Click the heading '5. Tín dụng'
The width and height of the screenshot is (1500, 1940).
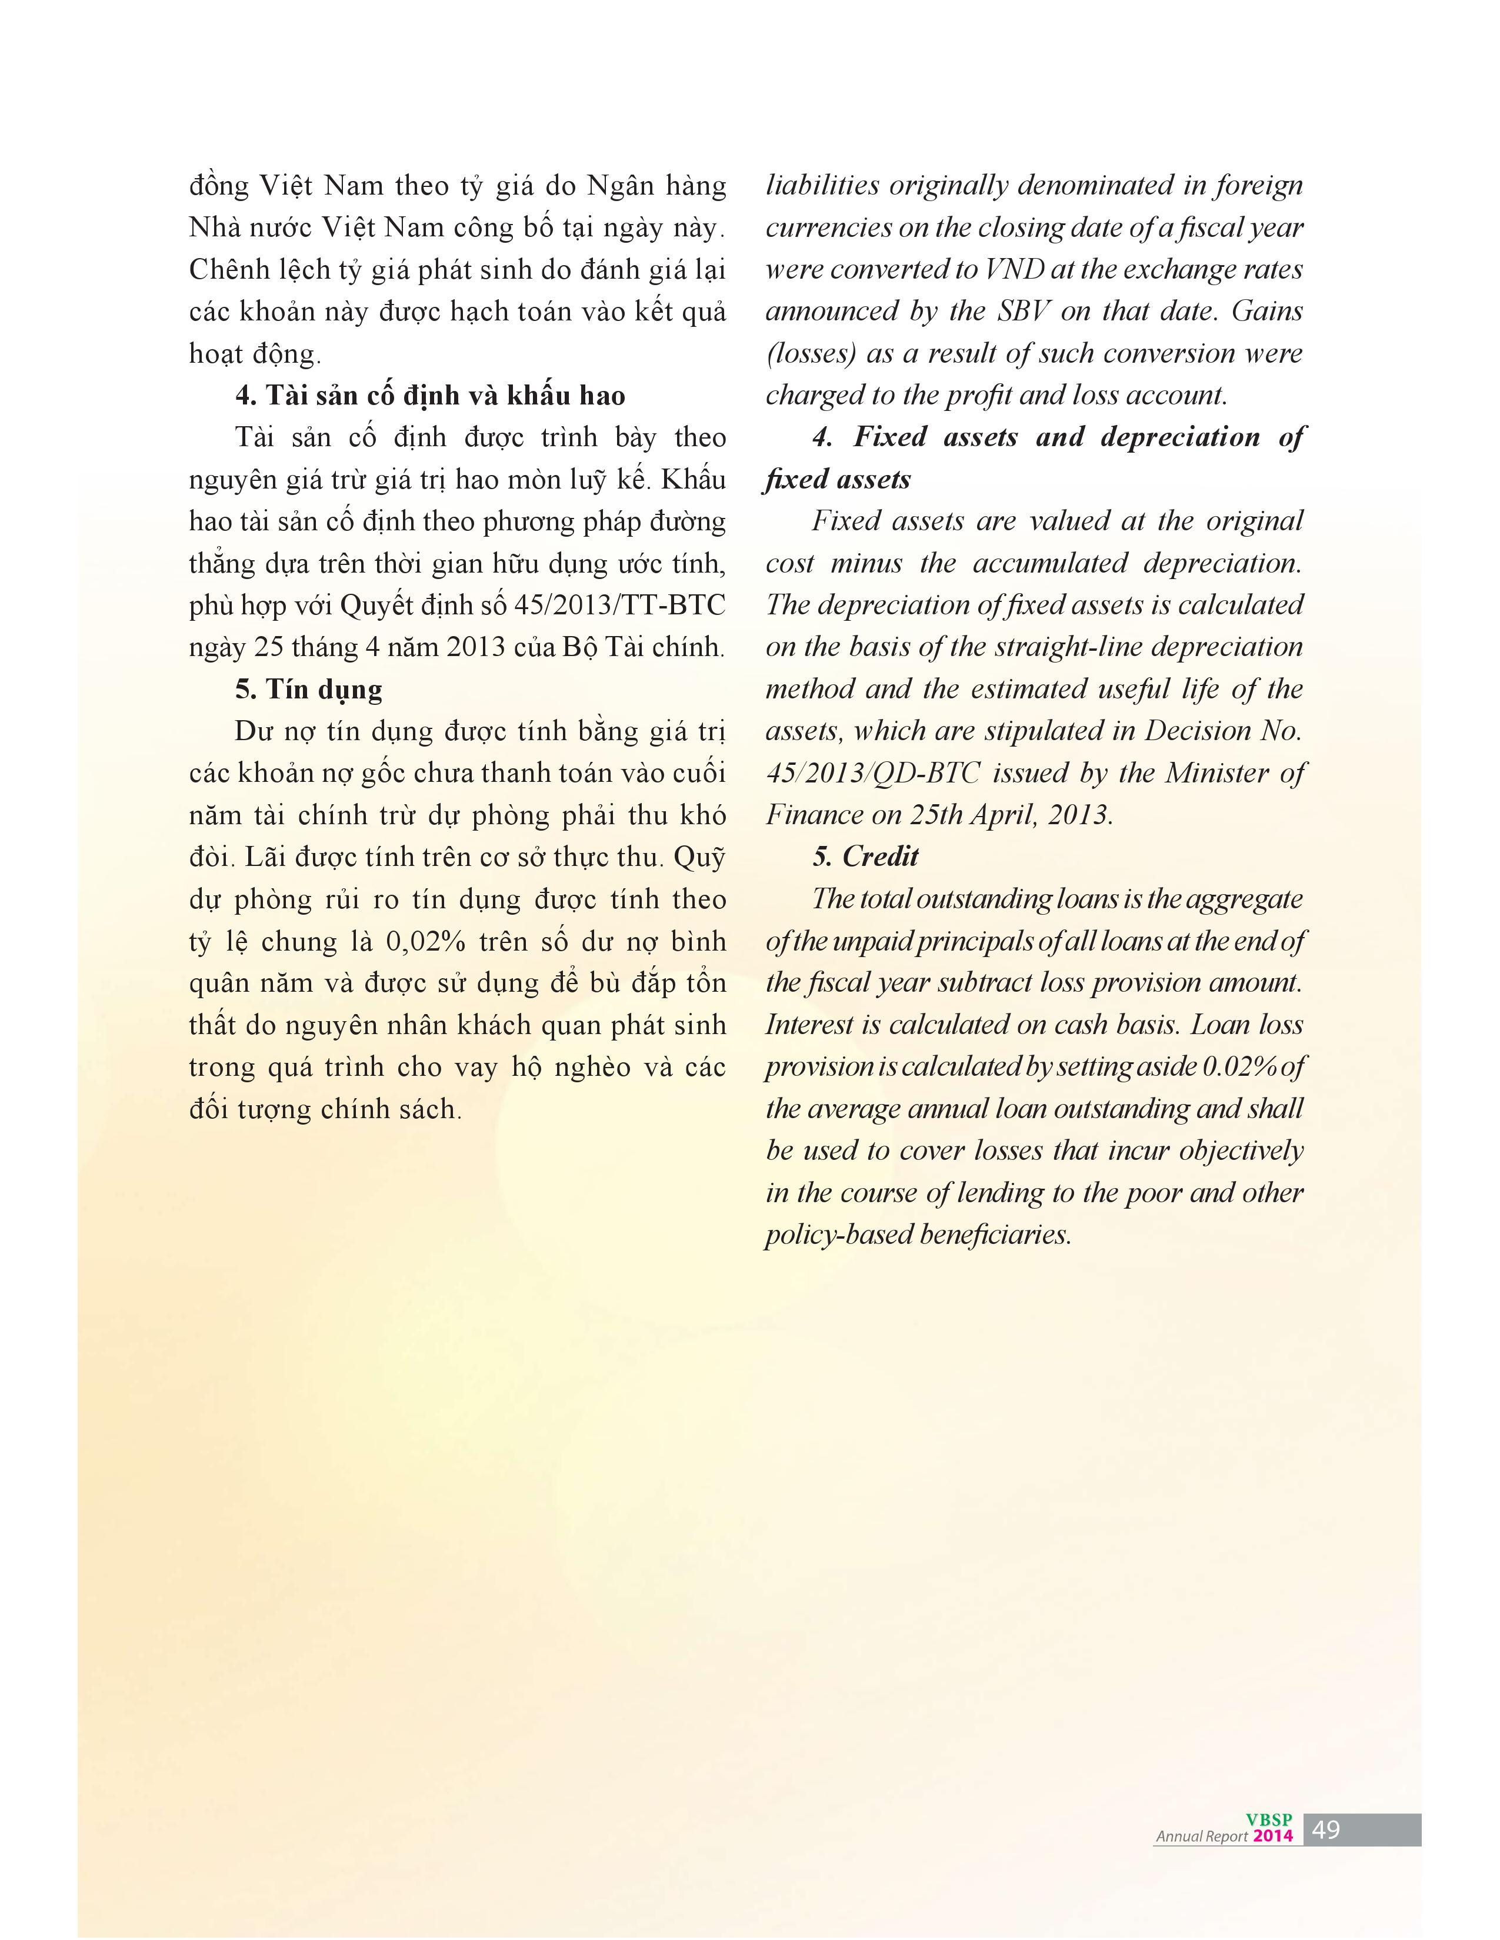point(308,690)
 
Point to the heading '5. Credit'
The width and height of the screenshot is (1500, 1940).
point(865,857)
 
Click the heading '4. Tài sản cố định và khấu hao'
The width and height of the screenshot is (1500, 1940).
point(430,395)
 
